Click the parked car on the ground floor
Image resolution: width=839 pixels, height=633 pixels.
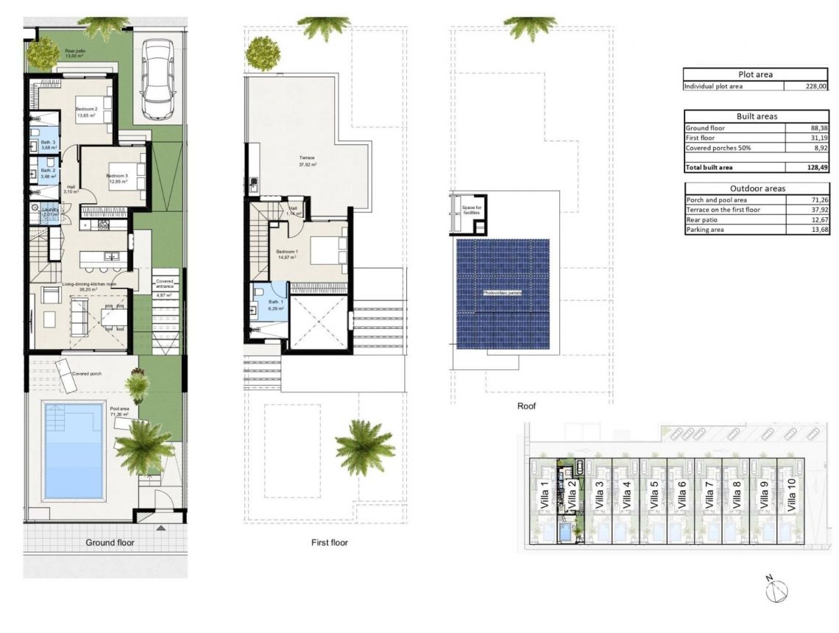click(157, 79)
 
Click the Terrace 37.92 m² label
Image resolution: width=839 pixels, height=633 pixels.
click(307, 160)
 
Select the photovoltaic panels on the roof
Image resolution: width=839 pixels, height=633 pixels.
click(502, 294)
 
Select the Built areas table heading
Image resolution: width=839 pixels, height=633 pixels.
click(757, 116)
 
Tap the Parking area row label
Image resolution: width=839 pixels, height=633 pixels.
click(704, 230)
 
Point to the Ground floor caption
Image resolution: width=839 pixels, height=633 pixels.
click(110, 542)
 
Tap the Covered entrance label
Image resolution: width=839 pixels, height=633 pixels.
click(165, 284)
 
